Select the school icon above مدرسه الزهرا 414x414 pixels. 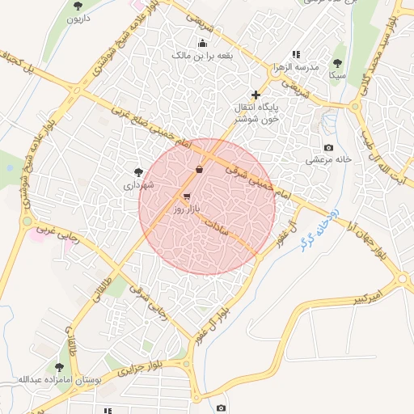coord(308,55)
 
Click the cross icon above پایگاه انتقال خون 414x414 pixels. coord(256,95)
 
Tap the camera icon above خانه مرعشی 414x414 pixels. coord(328,147)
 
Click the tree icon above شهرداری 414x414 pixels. coord(138,171)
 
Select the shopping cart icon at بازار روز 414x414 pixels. coord(187,196)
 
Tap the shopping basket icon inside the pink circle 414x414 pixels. coord(199,169)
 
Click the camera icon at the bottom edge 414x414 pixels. coord(222,408)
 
